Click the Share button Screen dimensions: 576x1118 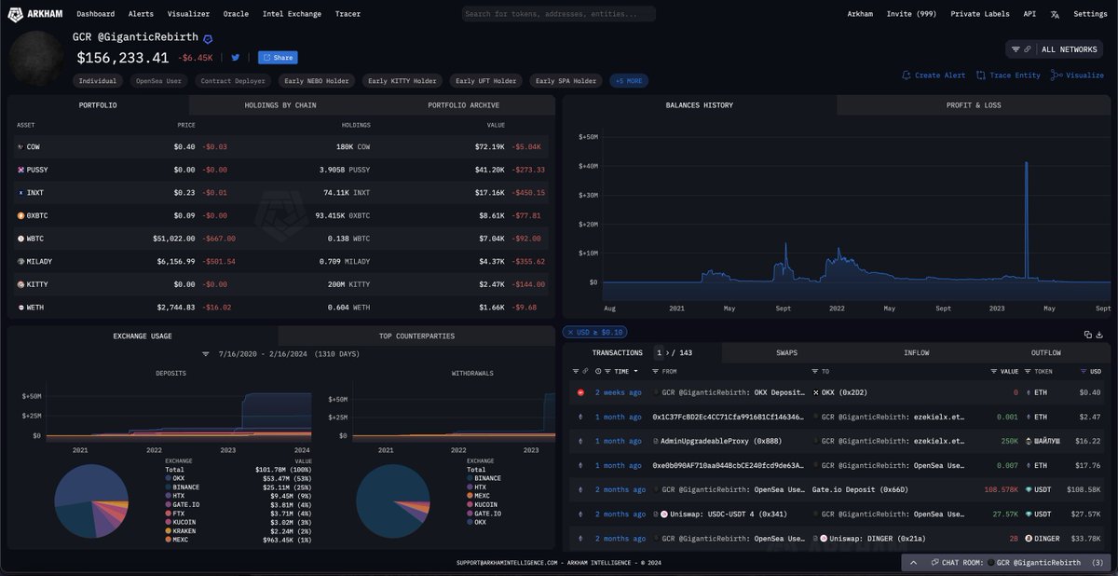click(x=278, y=58)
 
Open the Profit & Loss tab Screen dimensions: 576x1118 click(x=974, y=105)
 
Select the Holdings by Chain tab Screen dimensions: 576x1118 click(x=280, y=105)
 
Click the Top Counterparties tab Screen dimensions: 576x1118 click(x=416, y=336)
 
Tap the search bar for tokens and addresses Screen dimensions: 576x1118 click(x=559, y=14)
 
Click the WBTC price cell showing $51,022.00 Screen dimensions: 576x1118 click(x=174, y=239)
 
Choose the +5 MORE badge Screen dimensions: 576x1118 click(x=629, y=81)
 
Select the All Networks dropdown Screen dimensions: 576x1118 click(x=1054, y=49)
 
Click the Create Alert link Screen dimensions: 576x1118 click(x=934, y=75)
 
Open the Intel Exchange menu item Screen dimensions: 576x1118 click(x=292, y=14)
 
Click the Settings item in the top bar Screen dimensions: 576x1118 click(x=1090, y=14)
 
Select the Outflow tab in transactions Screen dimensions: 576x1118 click(x=1045, y=353)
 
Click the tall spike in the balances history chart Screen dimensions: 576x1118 click(x=1026, y=224)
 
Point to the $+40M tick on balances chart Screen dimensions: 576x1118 click(x=587, y=166)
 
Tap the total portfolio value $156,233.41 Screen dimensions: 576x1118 click(x=122, y=58)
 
